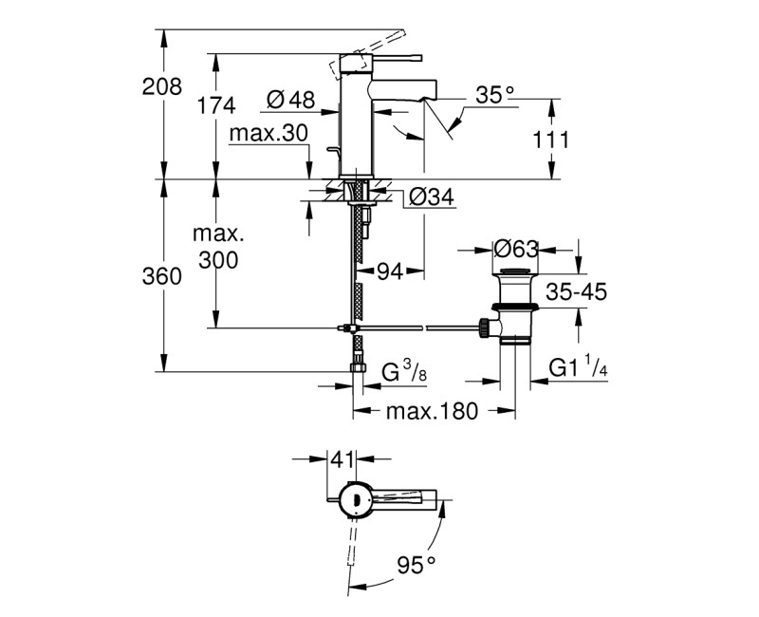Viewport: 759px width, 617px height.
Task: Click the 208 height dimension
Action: point(161,86)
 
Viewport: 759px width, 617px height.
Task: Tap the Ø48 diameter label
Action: point(290,98)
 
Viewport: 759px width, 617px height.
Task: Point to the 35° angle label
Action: point(494,95)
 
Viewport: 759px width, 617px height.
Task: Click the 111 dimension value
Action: point(551,140)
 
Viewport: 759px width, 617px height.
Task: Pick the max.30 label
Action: point(268,134)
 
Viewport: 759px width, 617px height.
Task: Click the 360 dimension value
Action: point(161,277)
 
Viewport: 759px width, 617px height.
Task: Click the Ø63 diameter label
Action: point(517,249)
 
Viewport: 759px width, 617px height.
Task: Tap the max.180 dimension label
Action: point(434,412)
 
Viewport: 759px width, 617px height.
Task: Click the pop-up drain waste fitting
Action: point(515,308)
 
